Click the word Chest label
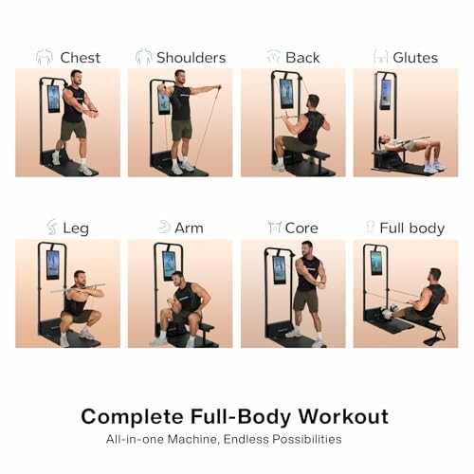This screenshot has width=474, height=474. point(80,58)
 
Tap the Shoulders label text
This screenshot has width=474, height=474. point(191,58)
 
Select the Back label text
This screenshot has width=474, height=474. point(302,58)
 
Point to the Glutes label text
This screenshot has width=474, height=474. point(415,58)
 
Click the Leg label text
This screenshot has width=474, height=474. point(76,228)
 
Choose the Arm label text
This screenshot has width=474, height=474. point(189,228)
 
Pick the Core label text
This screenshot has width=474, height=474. point(301,228)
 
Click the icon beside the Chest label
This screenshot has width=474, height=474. point(45,58)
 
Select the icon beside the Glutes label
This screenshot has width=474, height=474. point(380,58)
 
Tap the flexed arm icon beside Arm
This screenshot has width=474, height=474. point(164,228)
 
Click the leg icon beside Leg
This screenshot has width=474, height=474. point(52,228)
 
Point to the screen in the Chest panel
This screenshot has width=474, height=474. point(53,98)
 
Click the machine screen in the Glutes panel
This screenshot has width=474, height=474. point(385,93)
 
